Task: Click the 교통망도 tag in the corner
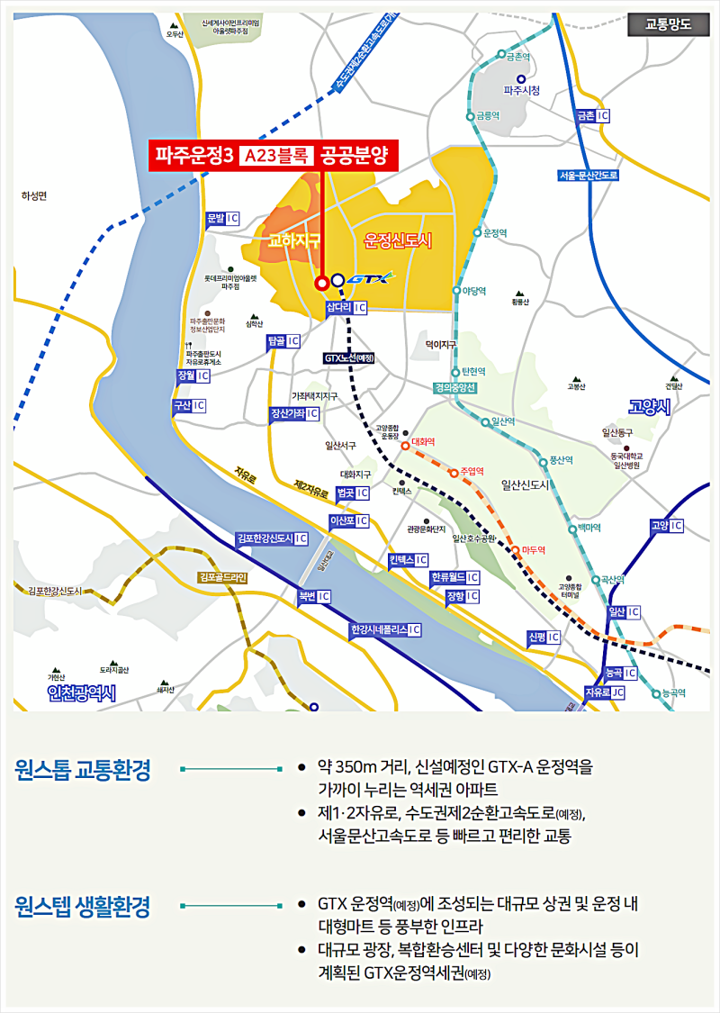pos(668,24)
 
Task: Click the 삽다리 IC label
pos(346,308)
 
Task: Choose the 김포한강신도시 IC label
pos(271,538)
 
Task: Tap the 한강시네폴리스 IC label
pos(385,629)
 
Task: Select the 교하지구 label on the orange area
pos(289,240)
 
